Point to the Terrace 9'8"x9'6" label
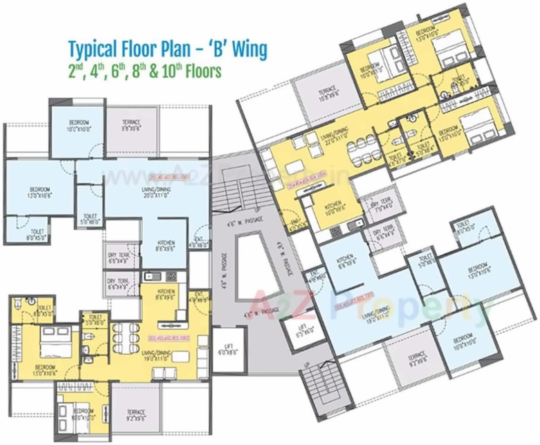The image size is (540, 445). click(131, 125)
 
